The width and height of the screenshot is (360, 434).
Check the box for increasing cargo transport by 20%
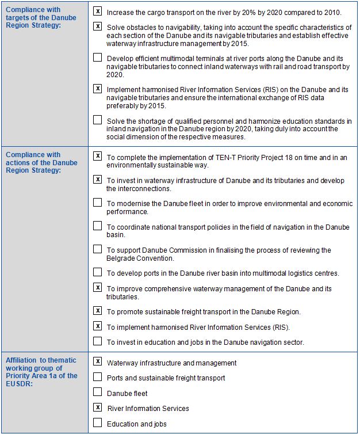point(98,12)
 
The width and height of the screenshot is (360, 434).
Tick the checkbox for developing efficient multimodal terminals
point(98,58)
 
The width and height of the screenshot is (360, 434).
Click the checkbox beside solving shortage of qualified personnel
point(98,120)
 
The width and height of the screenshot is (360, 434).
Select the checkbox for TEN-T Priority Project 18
point(98,156)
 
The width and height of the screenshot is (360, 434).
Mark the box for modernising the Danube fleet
point(98,203)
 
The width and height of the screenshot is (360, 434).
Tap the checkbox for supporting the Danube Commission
point(98,249)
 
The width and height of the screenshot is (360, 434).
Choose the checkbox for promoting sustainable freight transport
point(98,311)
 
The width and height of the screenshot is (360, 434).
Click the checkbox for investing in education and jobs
point(98,341)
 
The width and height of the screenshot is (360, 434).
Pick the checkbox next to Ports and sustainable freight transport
point(98,377)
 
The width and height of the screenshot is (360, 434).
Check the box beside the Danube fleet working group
point(98,393)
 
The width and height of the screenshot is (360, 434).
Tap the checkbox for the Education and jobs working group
point(98,423)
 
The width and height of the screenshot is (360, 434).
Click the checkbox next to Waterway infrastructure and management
point(98,362)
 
